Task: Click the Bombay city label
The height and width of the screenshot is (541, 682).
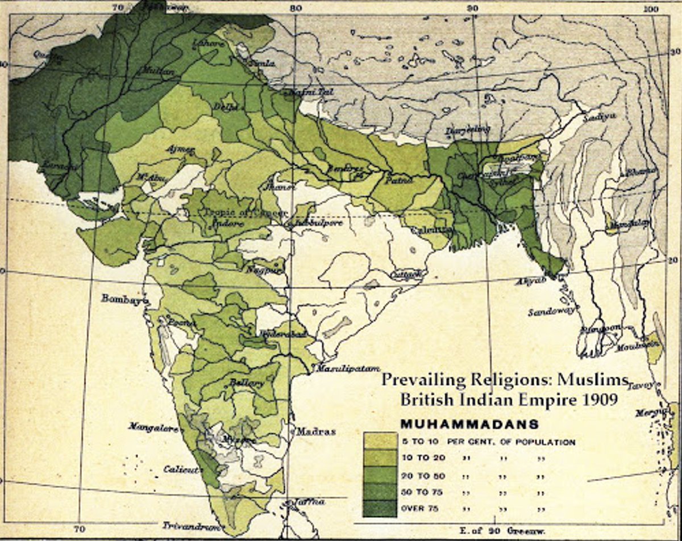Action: [x=123, y=298]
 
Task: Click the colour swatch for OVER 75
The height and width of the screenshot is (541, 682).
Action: [x=380, y=508]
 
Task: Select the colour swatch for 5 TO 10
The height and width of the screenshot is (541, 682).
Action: [x=380, y=441]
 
